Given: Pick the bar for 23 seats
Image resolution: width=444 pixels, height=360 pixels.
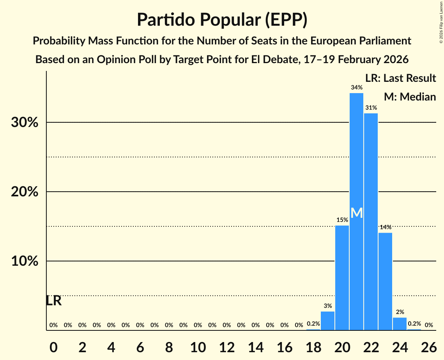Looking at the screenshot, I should pyautogui.click(x=385, y=281).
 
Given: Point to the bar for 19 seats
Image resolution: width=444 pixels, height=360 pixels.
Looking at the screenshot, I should pyautogui.click(x=327, y=321).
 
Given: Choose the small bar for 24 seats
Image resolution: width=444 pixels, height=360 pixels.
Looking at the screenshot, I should pyautogui.click(x=400, y=324).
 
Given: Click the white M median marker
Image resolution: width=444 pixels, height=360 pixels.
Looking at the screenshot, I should pyautogui.click(x=356, y=213).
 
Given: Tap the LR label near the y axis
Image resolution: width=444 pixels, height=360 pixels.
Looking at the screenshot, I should pyautogui.click(x=54, y=301).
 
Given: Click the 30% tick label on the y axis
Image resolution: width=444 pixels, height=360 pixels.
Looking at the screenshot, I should pyautogui.click(x=25, y=123).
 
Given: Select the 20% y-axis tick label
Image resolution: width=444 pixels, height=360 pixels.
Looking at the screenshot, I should pyautogui.click(x=25, y=192).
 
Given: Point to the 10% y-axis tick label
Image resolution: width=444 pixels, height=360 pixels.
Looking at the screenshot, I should pyautogui.click(x=25, y=261).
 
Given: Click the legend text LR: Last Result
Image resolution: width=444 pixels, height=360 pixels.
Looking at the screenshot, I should pyautogui.click(x=400, y=78).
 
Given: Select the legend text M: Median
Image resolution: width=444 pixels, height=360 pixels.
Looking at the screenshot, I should pyautogui.click(x=409, y=97).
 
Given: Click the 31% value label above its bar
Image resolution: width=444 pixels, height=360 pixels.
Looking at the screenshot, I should pyautogui.click(x=371, y=108).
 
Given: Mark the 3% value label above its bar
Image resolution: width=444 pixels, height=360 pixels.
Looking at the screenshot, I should pyautogui.click(x=327, y=306).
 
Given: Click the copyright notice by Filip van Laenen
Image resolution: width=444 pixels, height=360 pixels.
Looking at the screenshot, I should pyautogui.click(x=441, y=22).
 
